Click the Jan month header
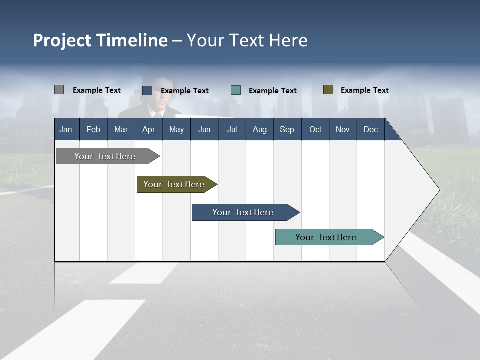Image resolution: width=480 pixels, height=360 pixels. (x=66, y=129)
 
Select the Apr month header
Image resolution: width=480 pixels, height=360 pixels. (x=148, y=129)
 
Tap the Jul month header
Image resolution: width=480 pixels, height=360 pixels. (x=232, y=129)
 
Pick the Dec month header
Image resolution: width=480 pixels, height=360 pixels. (x=370, y=129)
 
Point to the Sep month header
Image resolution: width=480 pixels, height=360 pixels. (x=287, y=129)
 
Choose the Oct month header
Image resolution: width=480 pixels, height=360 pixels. (x=315, y=129)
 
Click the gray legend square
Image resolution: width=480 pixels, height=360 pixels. (x=59, y=90)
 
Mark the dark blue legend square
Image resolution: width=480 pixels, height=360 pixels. (x=147, y=90)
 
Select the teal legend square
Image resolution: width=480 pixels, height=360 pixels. (x=236, y=90)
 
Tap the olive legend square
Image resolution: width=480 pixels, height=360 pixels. (x=328, y=90)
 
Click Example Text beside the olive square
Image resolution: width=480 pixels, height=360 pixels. (x=364, y=90)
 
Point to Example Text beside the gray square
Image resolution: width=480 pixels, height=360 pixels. (x=96, y=90)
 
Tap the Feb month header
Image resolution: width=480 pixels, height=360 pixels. (x=93, y=129)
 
